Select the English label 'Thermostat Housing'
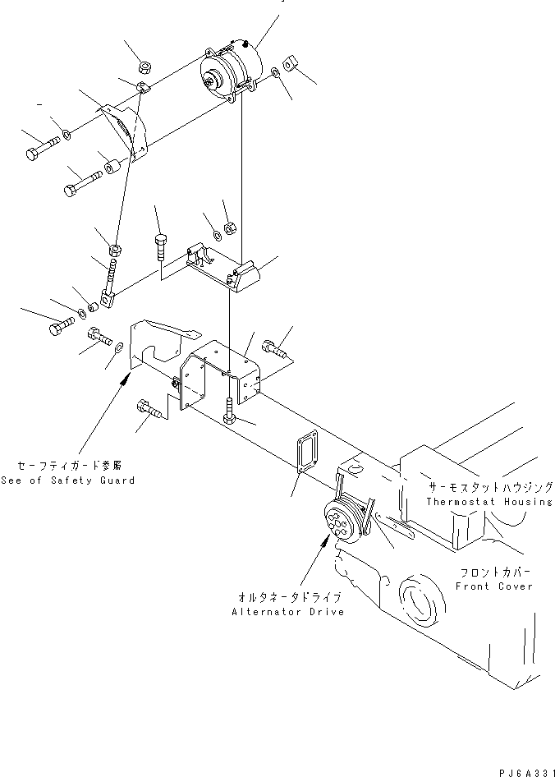tap(488, 501)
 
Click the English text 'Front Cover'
tap(494, 586)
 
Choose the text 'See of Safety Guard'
tap(67, 480)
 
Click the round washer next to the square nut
tap(274, 75)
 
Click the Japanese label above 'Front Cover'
tap(494, 572)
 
